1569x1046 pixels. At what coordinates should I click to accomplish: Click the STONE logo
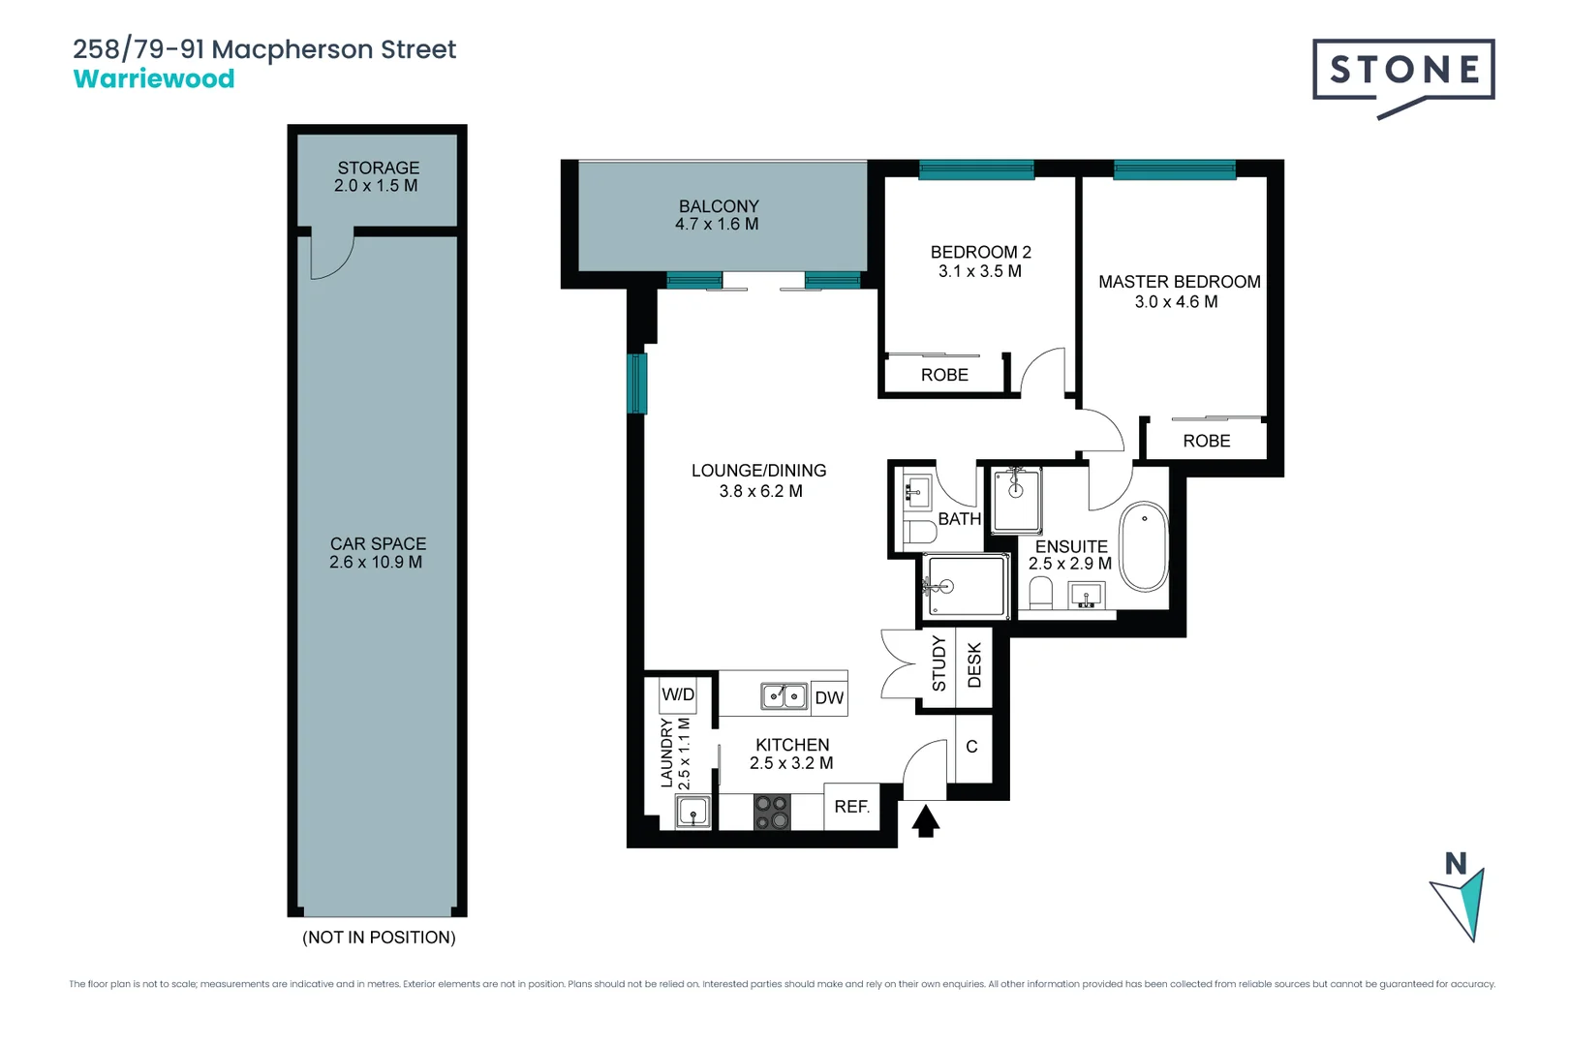point(1402,72)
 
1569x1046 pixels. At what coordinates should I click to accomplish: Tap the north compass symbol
point(1460,895)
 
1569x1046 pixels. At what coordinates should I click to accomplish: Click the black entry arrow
point(925,821)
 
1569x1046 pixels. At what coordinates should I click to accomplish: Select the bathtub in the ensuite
point(1144,546)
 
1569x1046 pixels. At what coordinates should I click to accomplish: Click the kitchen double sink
point(784,695)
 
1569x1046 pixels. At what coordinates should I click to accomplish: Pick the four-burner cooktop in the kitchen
point(772,812)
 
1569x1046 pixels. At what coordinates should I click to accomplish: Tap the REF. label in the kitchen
point(851,807)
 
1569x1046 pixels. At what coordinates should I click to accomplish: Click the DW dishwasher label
point(829,697)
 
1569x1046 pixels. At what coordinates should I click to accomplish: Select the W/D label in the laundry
point(678,694)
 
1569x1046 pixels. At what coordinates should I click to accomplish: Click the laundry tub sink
point(693,812)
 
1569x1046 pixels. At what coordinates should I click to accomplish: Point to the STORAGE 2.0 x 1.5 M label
point(377,176)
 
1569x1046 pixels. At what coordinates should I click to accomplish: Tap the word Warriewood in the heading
point(154,79)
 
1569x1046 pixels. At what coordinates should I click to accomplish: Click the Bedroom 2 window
point(975,170)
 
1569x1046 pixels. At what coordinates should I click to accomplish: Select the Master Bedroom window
point(1174,170)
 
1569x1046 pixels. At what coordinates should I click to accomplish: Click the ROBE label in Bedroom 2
point(944,375)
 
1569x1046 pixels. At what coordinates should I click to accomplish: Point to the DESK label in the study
point(974,665)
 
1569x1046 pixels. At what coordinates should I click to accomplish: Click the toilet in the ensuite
point(1040,593)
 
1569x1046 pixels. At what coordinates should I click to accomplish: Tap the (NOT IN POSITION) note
point(379,938)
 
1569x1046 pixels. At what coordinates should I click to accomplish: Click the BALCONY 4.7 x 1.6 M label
point(718,215)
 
